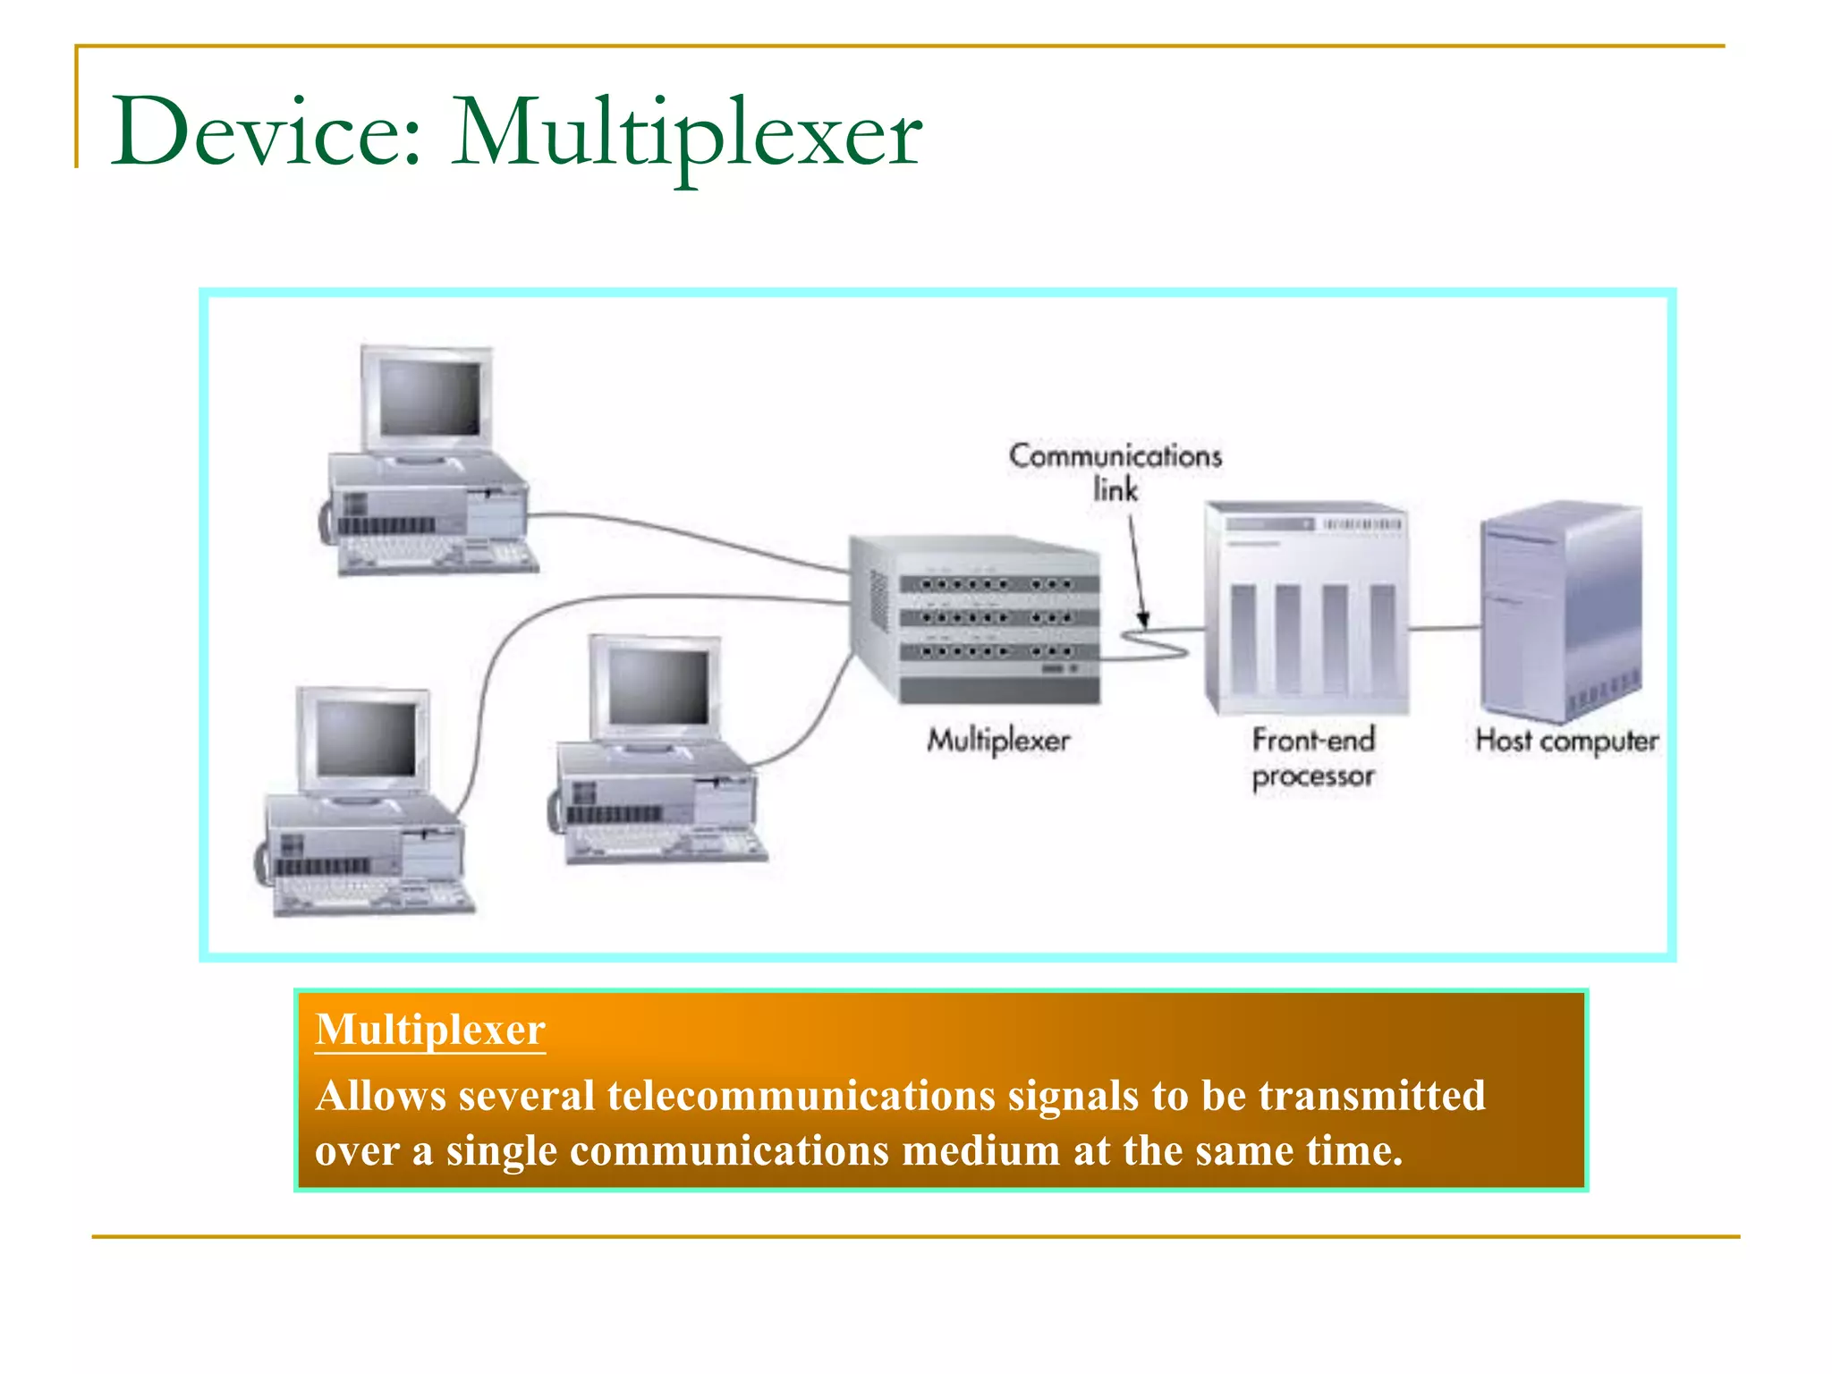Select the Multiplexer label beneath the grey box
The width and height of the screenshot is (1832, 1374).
[997, 741]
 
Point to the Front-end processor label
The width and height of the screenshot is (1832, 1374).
[1312, 758]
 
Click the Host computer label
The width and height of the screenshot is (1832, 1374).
[1566, 741]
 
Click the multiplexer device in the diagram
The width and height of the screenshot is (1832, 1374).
[975, 617]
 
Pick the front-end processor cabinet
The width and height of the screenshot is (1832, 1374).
[1306, 608]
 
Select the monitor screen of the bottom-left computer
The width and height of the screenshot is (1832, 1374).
[366, 739]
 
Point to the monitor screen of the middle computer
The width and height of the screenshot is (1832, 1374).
[658, 687]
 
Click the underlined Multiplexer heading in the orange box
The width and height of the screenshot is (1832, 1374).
[429, 1030]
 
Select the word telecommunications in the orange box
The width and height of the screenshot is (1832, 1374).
[801, 1096]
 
